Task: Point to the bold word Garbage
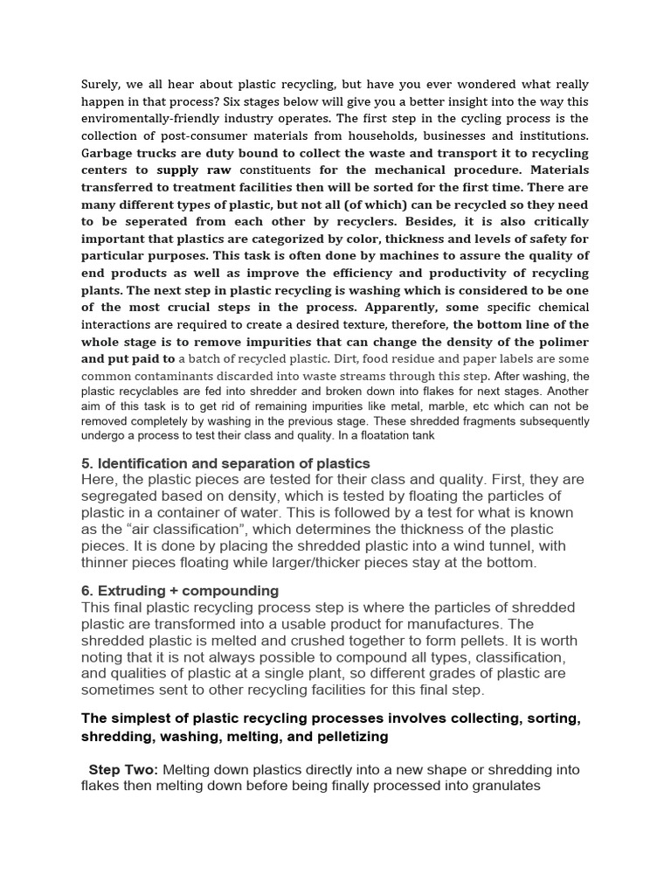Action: tap(110, 152)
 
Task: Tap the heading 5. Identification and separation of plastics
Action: tap(225, 463)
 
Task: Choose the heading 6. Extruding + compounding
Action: tap(179, 591)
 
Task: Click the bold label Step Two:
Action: tap(123, 769)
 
